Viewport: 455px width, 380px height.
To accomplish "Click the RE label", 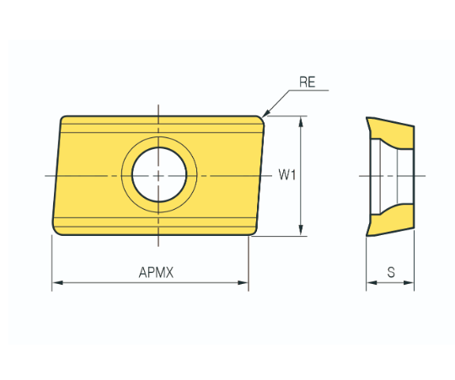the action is [x=308, y=82].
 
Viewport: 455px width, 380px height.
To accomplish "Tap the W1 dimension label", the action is [x=287, y=174].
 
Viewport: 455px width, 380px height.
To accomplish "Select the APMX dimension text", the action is [x=156, y=272].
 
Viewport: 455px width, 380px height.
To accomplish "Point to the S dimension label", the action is [x=391, y=272].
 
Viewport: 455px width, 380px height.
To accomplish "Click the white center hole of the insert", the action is [x=159, y=174].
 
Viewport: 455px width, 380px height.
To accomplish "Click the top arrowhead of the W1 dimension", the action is [x=301, y=122].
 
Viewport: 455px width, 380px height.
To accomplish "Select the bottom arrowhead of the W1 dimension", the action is [x=301, y=230].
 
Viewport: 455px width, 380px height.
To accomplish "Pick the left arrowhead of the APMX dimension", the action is [x=58, y=282].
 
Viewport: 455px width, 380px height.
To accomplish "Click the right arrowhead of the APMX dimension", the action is [x=243, y=282].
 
